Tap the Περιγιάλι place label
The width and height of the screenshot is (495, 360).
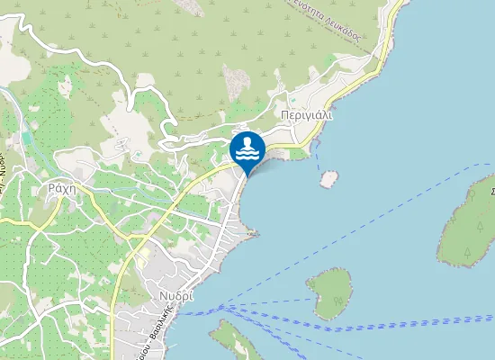306,116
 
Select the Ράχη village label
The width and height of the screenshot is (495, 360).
58,188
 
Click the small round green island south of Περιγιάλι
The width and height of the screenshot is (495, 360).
330,293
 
